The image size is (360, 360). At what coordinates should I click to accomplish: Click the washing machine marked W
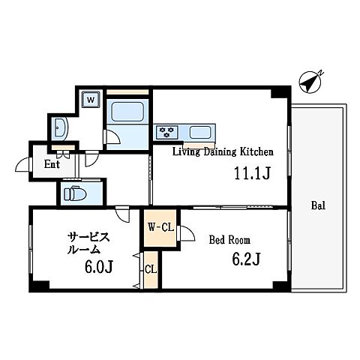[x=91, y=100]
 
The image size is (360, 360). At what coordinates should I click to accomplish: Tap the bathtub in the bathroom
[x=127, y=112]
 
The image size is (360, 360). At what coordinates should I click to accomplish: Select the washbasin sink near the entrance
[x=61, y=127]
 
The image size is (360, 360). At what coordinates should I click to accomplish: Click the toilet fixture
[x=75, y=193]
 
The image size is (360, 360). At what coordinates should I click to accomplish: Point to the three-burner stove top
[x=167, y=132]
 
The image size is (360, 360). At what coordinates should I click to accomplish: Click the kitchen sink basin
[x=200, y=132]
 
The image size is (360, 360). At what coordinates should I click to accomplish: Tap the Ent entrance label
[x=52, y=164]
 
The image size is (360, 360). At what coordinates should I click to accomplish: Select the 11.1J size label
[x=252, y=173]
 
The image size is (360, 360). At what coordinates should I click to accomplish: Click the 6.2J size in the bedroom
[x=247, y=259]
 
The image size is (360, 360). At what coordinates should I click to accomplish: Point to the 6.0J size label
[x=99, y=267]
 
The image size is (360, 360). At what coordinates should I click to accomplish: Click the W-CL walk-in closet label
[x=160, y=227]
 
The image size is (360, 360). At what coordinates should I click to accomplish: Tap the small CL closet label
[x=151, y=269]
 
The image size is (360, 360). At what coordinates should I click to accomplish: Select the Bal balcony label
[x=318, y=205]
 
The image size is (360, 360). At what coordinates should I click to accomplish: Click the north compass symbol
[x=310, y=82]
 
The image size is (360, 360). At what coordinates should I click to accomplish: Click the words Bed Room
[x=229, y=240]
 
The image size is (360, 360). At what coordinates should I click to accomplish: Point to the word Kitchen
[x=256, y=151]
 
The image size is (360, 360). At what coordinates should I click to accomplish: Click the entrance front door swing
[x=22, y=164]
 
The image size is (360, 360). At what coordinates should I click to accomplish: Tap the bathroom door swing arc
[x=112, y=136]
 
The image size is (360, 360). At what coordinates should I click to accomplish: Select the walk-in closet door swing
[x=187, y=233]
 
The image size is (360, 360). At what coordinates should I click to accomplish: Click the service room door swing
[x=122, y=214]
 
